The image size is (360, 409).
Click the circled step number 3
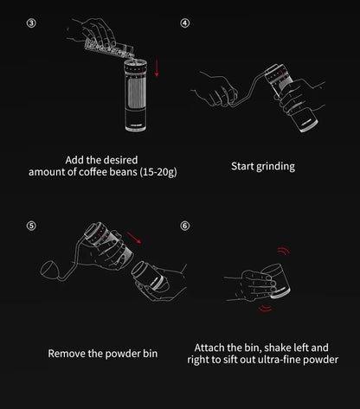click(x=31, y=23)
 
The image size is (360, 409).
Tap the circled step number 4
click(x=185, y=23)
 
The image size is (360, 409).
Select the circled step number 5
click(x=31, y=226)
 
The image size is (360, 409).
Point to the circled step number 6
click(x=185, y=226)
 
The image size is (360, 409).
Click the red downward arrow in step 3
click(x=157, y=68)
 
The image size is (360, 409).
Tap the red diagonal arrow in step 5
click(x=134, y=238)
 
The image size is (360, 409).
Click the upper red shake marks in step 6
click(x=283, y=251)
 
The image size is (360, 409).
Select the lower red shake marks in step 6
click(x=265, y=308)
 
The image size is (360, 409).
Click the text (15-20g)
click(x=158, y=172)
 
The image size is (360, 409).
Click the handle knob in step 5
click(x=48, y=269)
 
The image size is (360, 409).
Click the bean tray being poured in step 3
click(x=109, y=49)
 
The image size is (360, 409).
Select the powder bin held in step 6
click(x=276, y=279)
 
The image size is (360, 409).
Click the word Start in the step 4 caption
click(x=242, y=166)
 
